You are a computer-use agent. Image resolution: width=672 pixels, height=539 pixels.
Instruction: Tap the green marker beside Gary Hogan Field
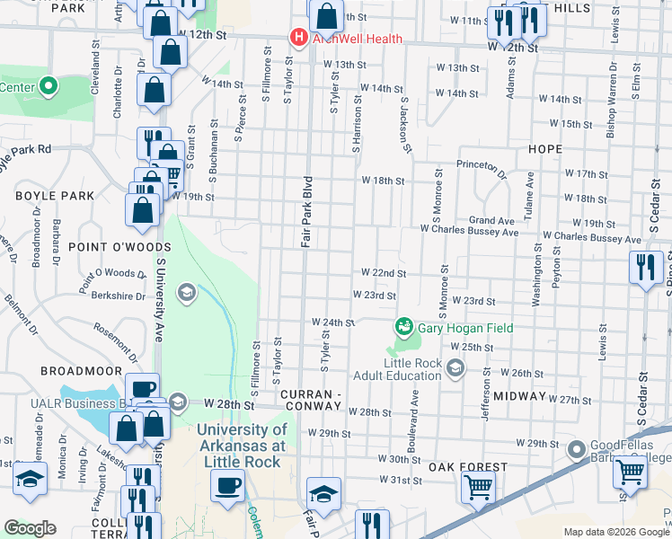tap(404, 327)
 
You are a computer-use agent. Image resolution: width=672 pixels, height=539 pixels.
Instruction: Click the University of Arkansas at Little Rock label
tap(240, 446)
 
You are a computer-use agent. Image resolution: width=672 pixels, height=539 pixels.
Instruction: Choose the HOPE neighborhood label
tap(544, 149)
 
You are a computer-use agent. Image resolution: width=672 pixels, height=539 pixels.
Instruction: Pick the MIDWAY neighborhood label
tap(519, 396)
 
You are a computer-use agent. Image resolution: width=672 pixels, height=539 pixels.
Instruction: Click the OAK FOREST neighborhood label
tap(467, 467)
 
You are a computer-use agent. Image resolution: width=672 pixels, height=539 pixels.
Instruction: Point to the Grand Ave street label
tap(491, 220)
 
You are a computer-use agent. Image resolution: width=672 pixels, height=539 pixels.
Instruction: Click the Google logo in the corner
tap(30, 527)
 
